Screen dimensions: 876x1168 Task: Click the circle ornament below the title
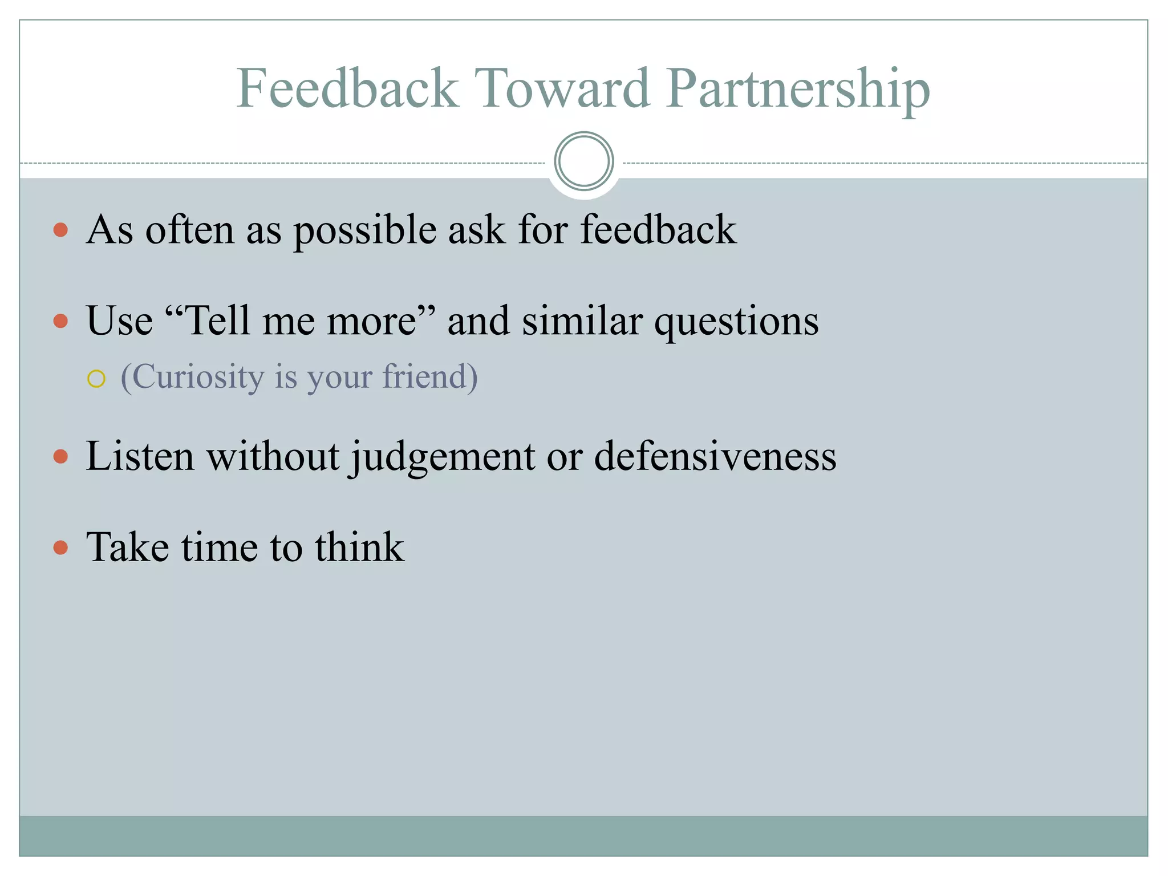tap(583, 161)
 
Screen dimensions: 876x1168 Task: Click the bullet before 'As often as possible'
tap(60, 230)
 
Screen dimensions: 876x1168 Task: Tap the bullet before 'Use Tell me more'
tap(60, 321)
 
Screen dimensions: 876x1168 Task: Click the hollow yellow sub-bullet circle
tap(96, 379)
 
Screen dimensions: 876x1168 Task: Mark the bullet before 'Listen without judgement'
tap(60, 456)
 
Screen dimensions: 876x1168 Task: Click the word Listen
tap(140, 456)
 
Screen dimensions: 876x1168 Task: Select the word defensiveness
tap(715, 456)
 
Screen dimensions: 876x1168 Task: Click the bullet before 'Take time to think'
tap(60, 547)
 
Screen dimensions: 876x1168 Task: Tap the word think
tap(359, 547)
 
